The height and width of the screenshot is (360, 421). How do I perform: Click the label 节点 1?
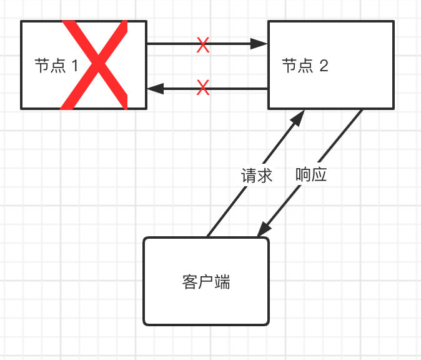[57, 66]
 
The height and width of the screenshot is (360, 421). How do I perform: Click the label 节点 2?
[305, 66]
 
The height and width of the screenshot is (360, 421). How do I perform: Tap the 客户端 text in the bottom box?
[207, 282]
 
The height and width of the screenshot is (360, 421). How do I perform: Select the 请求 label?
[257, 176]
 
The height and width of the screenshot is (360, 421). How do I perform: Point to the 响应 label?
[311, 176]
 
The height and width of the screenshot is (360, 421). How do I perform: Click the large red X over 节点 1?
[94, 66]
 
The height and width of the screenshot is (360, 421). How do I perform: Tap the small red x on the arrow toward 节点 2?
[203, 44]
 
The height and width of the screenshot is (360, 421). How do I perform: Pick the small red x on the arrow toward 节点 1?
[203, 88]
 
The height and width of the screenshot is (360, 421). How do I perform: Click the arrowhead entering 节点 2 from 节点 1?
[260, 44]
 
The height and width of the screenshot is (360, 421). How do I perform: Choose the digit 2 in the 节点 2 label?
[324, 66]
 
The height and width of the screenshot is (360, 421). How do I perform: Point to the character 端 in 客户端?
[222, 282]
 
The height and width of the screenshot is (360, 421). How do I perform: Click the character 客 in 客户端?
[191, 282]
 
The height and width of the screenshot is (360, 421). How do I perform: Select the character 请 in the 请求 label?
[249, 176]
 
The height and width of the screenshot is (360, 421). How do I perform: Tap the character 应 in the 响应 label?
[319, 176]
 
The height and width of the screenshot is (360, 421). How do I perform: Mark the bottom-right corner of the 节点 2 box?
[394, 109]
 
